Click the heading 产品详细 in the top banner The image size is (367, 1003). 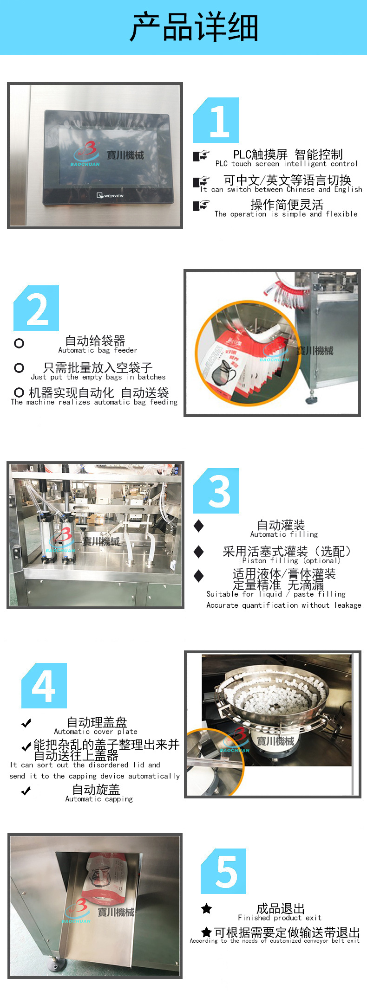pyautogui.click(x=194, y=27)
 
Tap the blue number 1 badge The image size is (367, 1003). pyautogui.click(x=216, y=120)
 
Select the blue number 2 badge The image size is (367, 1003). pyautogui.click(x=37, y=309)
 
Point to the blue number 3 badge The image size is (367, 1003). pyautogui.click(x=216, y=491)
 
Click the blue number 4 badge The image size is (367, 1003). pyautogui.click(x=44, y=686)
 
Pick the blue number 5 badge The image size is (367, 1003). pyautogui.click(x=224, y=871)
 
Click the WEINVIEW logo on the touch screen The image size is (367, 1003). pyautogui.click(x=110, y=196)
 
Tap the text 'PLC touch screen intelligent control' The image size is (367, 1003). pyautogui.click(x=286, y=164)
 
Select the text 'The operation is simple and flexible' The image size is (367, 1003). pyautogui.click(x=286, y=214)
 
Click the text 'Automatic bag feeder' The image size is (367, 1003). pyautogui.click(x=98, y=350)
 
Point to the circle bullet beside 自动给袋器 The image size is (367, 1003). pyautogui.click(x=19, y=343)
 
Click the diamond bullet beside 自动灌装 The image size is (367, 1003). pyautogui.click(x=199, y=526)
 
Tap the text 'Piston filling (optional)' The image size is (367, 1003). pyautogui.click(x=291, y=560)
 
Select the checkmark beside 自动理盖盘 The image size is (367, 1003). pyautogui.click(x=26, y=723)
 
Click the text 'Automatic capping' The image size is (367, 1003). pyautogui.click(x=99, y=799)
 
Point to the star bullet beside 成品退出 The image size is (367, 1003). pyautogui.click(x=207, y=909)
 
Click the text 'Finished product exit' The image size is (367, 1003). pyautogui.click(x=280, y=918)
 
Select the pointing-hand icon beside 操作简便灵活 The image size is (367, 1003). pyautogui.click(x=201, y=205)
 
